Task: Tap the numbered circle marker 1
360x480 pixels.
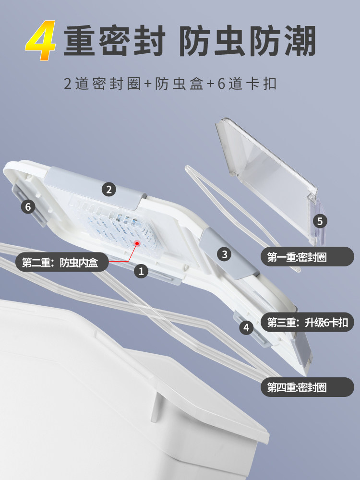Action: pyautogui.click(x=141, y=271)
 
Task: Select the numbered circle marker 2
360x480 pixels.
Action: pyautogui.click(x=109, y=190)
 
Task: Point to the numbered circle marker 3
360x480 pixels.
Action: pyautogui.click(x=225, y=254)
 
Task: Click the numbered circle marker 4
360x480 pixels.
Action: pyautogui.click(x=247, y=328)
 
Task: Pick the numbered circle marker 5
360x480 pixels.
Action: pyautogui.click(x=320, y=221)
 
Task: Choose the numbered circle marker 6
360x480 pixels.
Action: pyautogui.click(x=28, y=207)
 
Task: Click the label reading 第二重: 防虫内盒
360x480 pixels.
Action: pyautogui.click(x=60, y=263)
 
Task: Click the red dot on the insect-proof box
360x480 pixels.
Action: pyautogui.click(x=137, y=244)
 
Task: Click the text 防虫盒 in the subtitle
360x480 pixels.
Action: pyautogui.click(x=179, y=84)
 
